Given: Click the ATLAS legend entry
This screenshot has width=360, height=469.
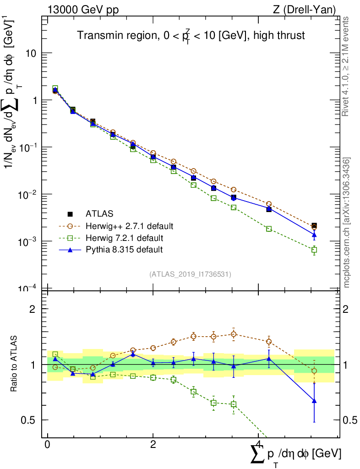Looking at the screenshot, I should (99, 213).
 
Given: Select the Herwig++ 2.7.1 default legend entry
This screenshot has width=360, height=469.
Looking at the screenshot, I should (130, 226).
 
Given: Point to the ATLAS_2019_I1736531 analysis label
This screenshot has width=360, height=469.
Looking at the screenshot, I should (190, 274).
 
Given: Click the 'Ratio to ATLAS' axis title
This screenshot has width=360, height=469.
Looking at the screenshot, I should (14, 365).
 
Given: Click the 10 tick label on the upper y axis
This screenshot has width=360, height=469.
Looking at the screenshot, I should (31, 53).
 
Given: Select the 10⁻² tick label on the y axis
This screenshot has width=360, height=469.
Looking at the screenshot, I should (28, 194).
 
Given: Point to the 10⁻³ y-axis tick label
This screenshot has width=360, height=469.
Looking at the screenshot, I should (28, 241).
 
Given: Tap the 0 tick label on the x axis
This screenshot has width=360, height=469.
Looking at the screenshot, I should (47, 445).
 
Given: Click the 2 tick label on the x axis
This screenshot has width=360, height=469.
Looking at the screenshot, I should (153, 445).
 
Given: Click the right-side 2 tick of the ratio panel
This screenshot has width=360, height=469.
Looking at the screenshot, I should (350, 309).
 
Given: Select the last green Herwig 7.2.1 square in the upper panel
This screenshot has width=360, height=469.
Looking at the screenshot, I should (314, 250).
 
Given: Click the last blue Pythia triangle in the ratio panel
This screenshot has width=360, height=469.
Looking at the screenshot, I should (314, 401).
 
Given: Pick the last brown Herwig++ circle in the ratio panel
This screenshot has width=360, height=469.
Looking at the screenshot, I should (314, 371).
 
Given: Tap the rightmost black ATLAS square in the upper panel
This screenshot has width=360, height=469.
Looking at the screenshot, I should (314, 226).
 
